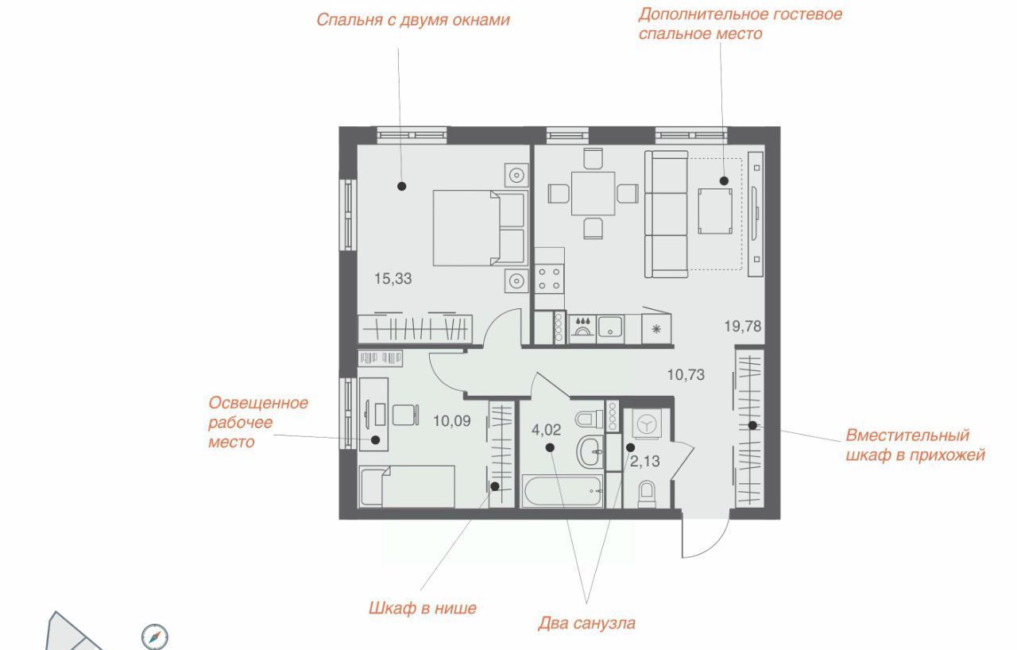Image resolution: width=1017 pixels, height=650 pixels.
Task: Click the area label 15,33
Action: tap(392, 279)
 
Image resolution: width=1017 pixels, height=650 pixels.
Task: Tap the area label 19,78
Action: tap(742, 327)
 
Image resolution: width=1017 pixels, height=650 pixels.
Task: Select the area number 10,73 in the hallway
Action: tap(686, 375)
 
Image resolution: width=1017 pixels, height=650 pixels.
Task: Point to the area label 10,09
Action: tap(452, 421)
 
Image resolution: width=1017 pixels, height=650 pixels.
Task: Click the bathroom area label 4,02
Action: tap(546, 430)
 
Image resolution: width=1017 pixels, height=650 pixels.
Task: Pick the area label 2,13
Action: tap(644, 462)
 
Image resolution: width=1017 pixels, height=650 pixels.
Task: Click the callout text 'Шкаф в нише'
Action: tap(422, 608)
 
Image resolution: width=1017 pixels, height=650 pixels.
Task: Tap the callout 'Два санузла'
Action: tap(586, 623)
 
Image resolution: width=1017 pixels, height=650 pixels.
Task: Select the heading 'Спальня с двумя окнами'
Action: tap(413, 20)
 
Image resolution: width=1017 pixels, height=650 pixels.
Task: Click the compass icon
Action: tap(155, 636)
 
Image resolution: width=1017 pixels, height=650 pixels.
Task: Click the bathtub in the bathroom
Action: tap(563, 490)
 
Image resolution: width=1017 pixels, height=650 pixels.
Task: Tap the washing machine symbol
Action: tap(647, 424)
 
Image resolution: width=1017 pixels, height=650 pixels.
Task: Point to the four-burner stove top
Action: tap(549, 279)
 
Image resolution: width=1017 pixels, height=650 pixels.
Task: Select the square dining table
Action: tap(593, 193)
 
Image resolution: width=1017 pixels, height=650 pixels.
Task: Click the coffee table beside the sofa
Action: tap(715, 211)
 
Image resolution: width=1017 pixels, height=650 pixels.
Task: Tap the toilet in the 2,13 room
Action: tap(647, 493)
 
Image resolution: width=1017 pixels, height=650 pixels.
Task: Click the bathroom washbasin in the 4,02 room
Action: tap(590, 451)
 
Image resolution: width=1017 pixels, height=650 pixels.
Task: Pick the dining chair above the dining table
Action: tap(593, 158)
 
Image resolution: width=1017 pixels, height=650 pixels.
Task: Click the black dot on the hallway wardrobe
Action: tap(752, 425)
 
